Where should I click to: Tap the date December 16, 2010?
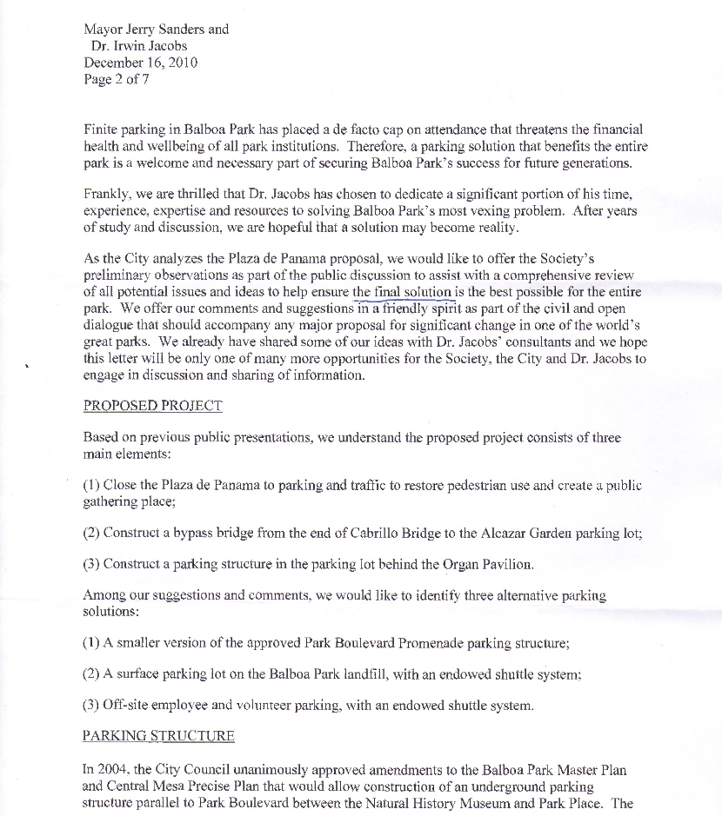pyautogui.click(x=140, y=63)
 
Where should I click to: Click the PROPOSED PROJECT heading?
pyautogui.click(x=152, y=406)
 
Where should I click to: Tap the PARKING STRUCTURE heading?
pyautogui.click(x=158, y=736)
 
